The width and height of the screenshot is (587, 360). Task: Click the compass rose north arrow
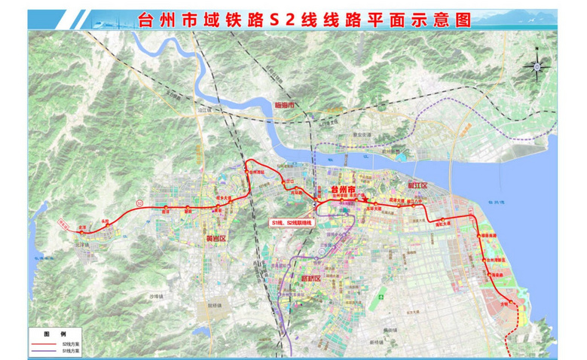(535, 65)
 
